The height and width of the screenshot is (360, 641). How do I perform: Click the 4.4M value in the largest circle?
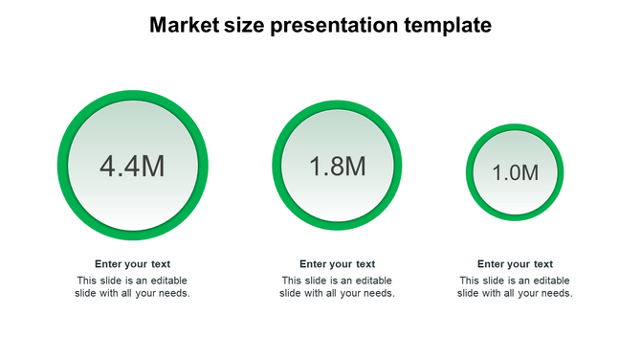pos(132,167)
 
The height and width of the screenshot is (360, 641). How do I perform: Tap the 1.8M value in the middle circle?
pos(337,167)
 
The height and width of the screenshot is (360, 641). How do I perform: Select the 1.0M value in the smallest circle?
pos(516,173)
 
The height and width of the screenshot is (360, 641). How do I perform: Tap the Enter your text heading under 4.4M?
pos(132,264)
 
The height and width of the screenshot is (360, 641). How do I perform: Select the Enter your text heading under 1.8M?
pos(337,264)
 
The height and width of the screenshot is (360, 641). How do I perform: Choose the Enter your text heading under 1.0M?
pos(515,264)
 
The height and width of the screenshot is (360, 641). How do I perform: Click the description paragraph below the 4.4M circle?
pos(132,287)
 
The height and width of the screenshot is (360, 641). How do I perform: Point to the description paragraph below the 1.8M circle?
pos(337,287)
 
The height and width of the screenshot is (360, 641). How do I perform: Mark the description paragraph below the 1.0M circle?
pos(515,287)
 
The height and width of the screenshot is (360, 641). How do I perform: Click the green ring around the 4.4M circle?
pos(63,167)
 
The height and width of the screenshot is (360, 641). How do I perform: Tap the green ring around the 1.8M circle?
pos(277,167)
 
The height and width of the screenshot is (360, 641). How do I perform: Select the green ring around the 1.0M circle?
pos(471,173)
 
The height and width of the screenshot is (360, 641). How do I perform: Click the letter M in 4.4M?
pos(153,167)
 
